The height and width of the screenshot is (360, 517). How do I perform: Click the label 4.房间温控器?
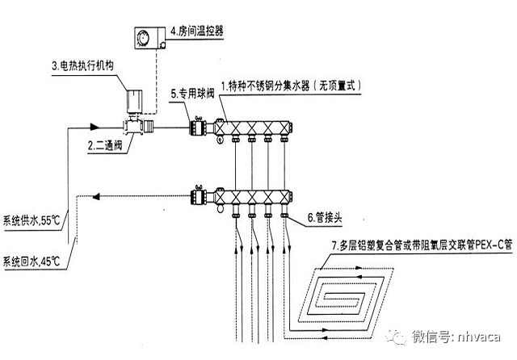point(196,32)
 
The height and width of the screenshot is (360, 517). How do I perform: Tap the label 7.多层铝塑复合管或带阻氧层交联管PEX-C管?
point(410,245)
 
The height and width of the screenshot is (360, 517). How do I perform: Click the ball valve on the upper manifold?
point(196,127)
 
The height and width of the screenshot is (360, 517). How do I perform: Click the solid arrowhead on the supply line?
point(95,126)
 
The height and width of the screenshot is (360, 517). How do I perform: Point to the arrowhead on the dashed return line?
point(96,194)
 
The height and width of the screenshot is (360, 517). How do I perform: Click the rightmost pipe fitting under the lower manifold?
point(284,214)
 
